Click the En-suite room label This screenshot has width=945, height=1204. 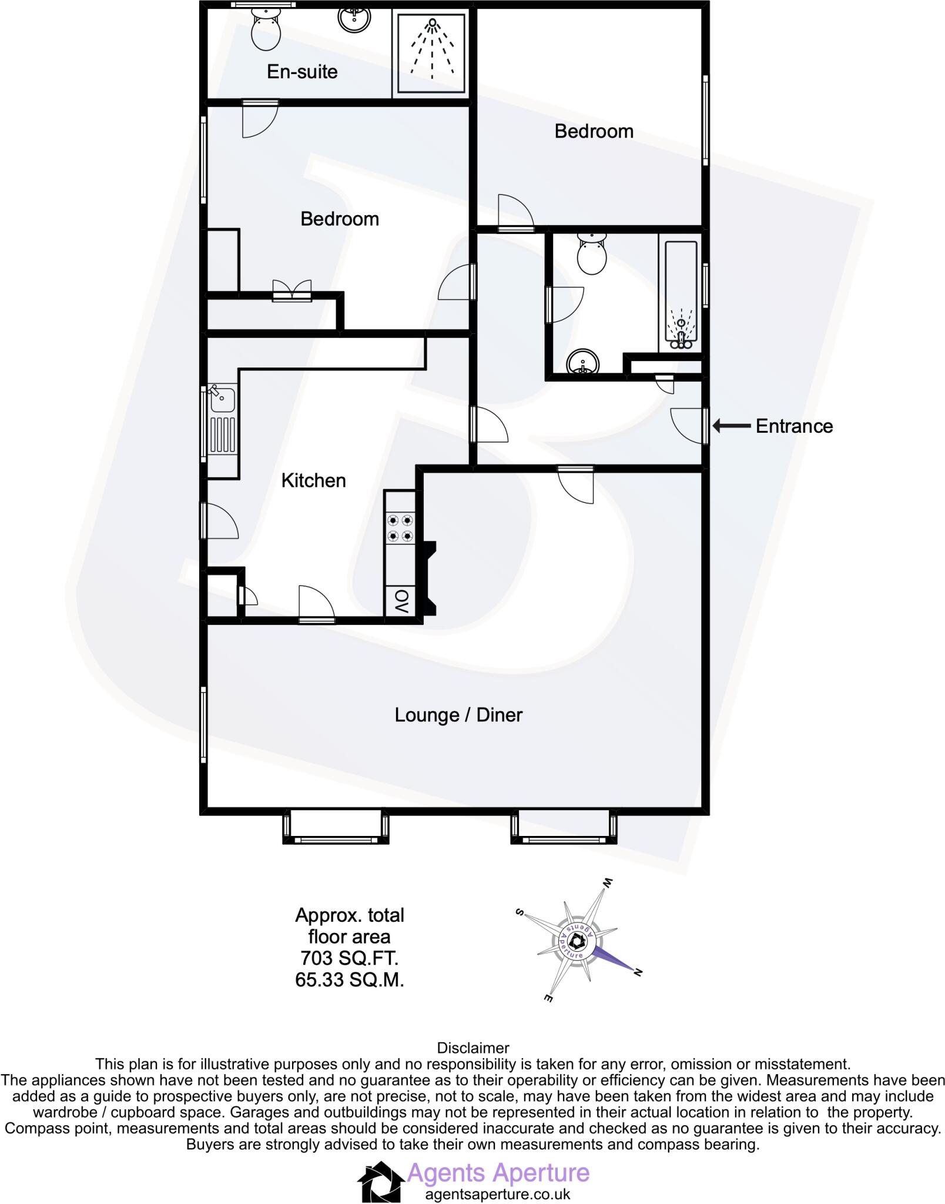click(x=302, y=72)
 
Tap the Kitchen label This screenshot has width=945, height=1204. click(x=313, y=480)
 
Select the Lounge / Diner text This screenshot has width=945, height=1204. click(x=458, y=715)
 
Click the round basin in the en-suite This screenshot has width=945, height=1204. click(x=354, y=19)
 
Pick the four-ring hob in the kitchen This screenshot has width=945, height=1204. click(x=400, y=528)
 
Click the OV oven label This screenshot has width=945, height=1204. click(x=401, y=601)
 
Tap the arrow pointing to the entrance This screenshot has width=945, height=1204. click(x=732, y=426)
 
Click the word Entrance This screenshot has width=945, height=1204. click(x=794, y=426)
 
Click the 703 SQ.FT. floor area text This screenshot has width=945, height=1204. click(x=349, y=958)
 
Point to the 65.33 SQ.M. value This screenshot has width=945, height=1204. click(x=349, y=980)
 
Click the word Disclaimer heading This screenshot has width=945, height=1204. click(x=472, y=1048)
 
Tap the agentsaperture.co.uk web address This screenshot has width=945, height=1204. click(x=497, y=1194)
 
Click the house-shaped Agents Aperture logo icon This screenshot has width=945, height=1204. click(x=381, y=1180)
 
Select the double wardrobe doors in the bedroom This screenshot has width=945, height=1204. click(x=292, y=290)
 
